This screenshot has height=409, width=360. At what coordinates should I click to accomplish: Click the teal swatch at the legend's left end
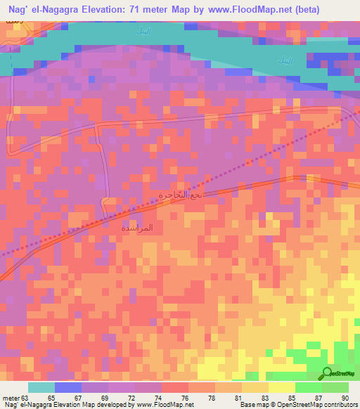pos(41,387)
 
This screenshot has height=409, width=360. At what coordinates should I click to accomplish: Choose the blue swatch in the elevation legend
pos(68,387)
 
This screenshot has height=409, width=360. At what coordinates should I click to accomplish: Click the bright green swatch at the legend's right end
pos(335,387)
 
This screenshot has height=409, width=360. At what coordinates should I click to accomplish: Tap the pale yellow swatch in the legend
pos(281,387)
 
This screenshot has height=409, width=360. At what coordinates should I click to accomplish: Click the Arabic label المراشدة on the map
pos(136,228)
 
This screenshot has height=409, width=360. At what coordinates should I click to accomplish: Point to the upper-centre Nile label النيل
pos(143,32)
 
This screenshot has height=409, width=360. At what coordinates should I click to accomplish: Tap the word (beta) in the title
pos(284,9)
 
